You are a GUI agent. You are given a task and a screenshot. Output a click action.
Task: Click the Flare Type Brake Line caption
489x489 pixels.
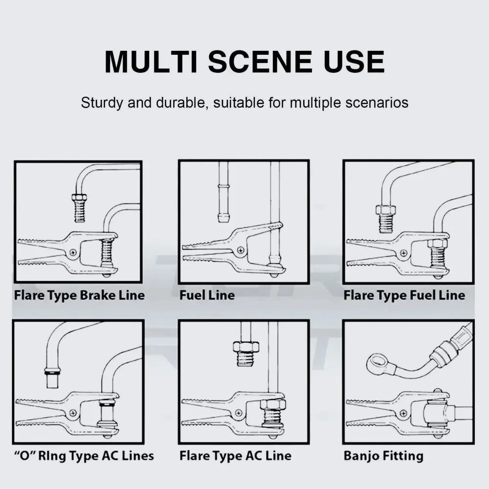click(80, 295)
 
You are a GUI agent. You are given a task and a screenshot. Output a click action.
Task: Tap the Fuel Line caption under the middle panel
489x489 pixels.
click(207, 295)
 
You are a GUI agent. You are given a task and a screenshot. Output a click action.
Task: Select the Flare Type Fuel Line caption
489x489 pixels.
click(404, 295)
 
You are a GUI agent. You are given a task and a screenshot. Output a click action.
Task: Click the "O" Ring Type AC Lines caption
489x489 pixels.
click(84, 456)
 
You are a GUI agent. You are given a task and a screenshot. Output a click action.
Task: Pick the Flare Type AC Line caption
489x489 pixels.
click(236, 456)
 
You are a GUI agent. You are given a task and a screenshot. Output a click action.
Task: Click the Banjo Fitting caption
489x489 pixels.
click(383, 456)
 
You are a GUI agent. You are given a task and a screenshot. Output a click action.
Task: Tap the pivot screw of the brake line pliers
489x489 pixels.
click(74, 252)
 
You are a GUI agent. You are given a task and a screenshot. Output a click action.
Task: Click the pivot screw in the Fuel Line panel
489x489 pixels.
click(241, 250)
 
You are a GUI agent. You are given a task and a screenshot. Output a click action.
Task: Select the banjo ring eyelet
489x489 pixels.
click(377, 362)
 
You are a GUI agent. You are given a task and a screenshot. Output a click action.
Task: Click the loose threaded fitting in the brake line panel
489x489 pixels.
click(80, 207)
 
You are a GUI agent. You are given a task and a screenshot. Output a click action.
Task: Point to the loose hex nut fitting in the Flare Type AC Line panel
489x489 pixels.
click(246, 354)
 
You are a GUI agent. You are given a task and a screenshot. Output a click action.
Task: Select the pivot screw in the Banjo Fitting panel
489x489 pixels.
click(404, 414)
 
